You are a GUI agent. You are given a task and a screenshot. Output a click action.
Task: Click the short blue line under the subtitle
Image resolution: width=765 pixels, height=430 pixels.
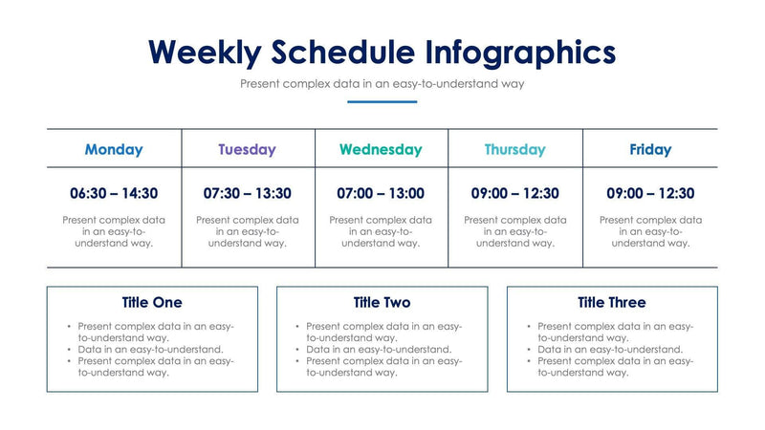point(382,101)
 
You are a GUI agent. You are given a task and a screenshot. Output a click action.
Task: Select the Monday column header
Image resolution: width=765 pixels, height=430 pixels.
point(114,149)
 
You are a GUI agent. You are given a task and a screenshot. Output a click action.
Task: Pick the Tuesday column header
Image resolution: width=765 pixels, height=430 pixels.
point(247,149)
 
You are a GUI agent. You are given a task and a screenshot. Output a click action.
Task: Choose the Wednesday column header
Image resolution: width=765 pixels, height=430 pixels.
point(380,149)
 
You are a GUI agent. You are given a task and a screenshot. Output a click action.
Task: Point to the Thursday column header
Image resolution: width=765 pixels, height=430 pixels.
point(514,149)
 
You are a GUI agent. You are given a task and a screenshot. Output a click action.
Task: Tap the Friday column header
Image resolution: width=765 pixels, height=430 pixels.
point(650,149)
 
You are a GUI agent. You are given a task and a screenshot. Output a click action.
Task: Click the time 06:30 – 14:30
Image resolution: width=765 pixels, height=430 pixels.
point(114,193)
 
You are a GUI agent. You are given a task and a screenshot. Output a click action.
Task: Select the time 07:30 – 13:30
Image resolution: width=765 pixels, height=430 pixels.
point(247,193)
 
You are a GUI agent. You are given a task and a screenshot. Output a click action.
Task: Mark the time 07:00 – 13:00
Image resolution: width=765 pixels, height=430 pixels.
point(381,193)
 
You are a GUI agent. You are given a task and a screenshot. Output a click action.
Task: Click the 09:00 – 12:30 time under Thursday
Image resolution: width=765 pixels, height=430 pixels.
point(514,193)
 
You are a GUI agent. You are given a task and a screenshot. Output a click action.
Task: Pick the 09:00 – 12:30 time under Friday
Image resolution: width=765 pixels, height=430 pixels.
point(650,193)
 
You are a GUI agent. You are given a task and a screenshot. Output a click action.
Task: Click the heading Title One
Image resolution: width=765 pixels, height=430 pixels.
point(152,303)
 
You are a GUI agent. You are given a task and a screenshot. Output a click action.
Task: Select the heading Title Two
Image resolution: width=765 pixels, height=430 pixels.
point(382,303)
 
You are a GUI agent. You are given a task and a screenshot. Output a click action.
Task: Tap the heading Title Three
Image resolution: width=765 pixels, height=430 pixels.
point(612,303)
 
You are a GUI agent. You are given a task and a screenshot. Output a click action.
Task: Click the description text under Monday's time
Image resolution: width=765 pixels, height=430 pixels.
point(114,231)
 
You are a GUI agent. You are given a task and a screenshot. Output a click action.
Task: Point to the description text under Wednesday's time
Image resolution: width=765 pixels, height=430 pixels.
point(381,231)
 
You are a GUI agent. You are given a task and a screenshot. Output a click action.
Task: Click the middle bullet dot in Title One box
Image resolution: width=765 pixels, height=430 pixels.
point(70,350)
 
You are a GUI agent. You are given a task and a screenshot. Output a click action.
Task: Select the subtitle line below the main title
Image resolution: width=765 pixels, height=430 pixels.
point(382,84)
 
